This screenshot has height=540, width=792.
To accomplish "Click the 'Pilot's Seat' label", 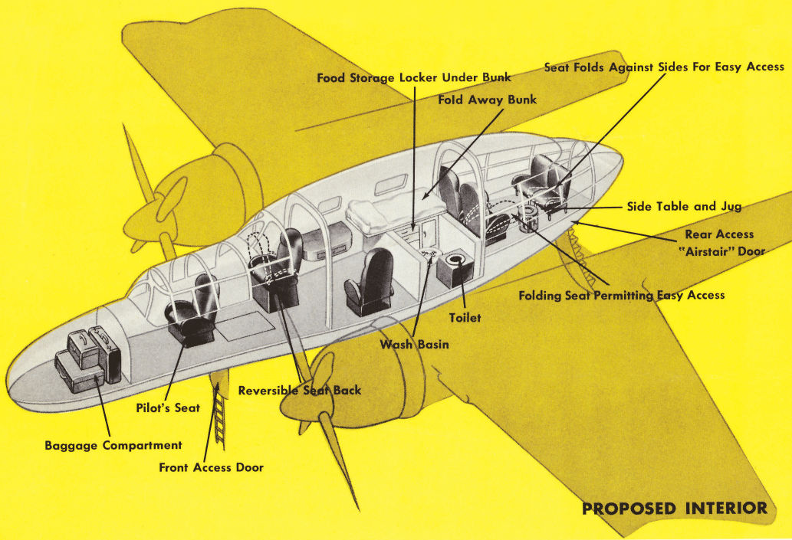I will click(166, 408).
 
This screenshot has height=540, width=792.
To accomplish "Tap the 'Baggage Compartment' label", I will click(113, 445).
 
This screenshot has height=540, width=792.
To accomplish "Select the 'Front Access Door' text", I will click(211, 467).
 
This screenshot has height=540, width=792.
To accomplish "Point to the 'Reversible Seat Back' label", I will click(299, 390).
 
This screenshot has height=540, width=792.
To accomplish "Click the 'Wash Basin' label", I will click(414, 345).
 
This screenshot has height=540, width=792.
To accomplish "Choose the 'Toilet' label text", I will click(465, 317).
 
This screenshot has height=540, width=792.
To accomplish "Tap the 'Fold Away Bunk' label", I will click(487, 100).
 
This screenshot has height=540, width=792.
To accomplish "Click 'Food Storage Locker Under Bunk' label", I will click(414, 77).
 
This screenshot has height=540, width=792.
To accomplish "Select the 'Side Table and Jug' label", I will click(684, 207).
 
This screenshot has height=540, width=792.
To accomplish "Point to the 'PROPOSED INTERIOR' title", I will click(674, 509).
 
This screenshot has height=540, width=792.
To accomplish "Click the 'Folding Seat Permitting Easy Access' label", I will click(621, 295).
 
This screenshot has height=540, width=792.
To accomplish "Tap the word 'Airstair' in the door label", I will click(713, 250).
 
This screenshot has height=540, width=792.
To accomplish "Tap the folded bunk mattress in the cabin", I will click(395, 207).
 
